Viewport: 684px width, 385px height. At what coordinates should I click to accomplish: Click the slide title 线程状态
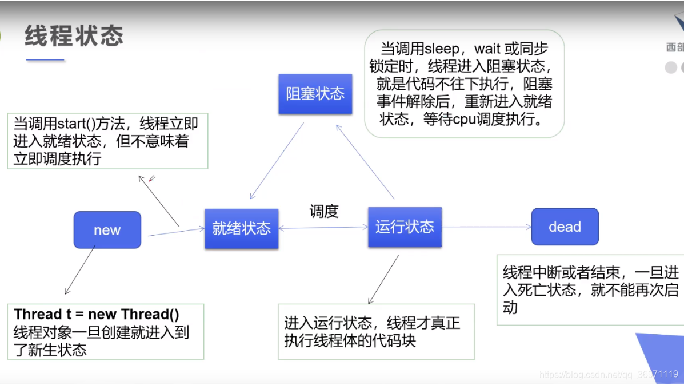(x=74, y=36)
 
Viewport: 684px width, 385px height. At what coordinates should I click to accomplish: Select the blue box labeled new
(x=107, y=230)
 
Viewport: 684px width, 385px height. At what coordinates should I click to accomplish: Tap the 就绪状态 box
(x=241, y=228)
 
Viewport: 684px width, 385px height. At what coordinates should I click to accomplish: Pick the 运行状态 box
(x=405, y=227)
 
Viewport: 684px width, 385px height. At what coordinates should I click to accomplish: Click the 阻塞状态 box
(x=315, y=94)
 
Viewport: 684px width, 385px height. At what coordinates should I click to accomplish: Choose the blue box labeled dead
(x=565, y=227)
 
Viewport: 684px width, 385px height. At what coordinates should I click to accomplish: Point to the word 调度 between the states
(x=324, y=211)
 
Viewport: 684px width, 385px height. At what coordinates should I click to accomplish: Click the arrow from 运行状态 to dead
(x=486, y=227)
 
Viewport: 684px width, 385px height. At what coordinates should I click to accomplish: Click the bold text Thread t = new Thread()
(x=97, y=314)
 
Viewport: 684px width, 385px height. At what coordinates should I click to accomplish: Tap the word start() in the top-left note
(x=79, y=123)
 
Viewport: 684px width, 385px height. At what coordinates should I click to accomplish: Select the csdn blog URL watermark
(x=609, y=374)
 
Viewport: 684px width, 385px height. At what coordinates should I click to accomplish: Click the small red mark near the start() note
(x=151, y=179)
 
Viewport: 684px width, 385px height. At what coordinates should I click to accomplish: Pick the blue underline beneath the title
(x=45, y=59)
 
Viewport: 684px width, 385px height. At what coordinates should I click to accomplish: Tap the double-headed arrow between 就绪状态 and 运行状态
(x=323, y=228)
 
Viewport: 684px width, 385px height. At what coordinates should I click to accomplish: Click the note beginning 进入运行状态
(x=375, y=331)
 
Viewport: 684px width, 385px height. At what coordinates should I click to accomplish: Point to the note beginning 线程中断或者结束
(x=590, y=289)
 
